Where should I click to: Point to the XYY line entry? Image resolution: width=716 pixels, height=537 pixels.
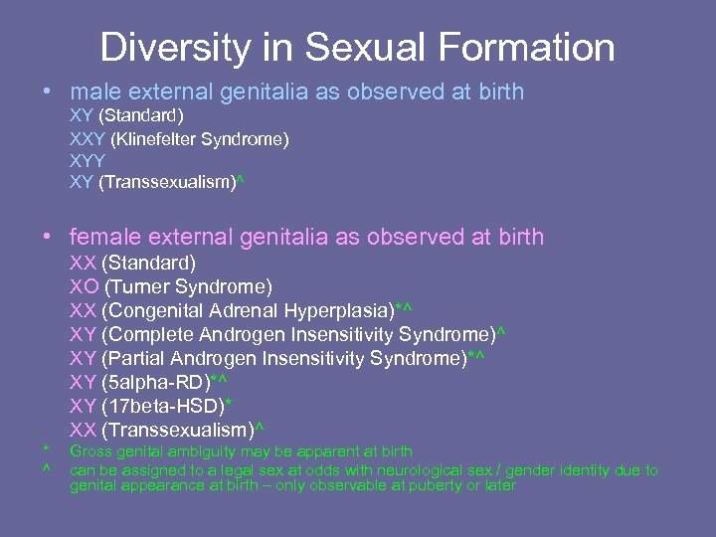click(x=87, y=161)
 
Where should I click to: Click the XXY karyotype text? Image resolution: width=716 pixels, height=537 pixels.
click(x=88, y=139)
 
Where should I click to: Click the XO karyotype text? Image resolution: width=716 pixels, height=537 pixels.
click(x=84, y=287)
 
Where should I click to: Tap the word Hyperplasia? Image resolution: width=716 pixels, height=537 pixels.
click(x=341, y=311)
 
